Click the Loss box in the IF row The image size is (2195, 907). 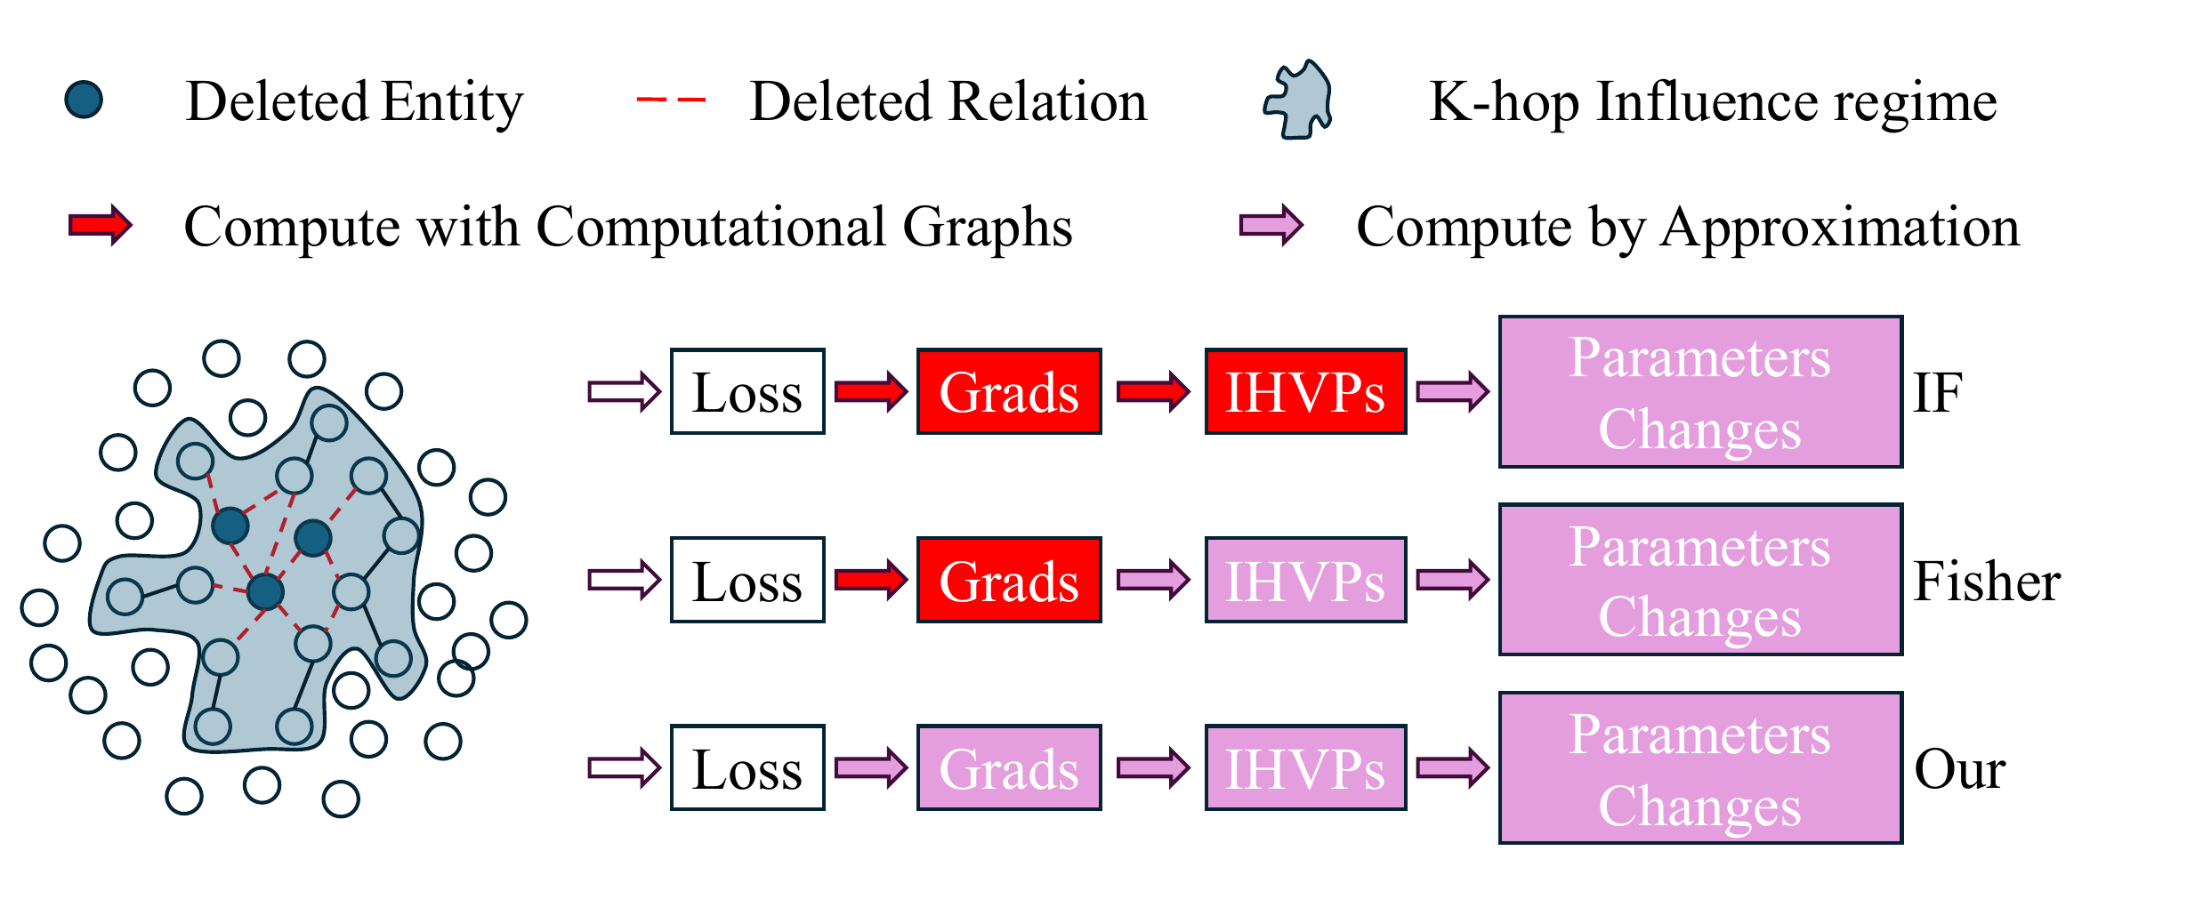(x=747, y=391)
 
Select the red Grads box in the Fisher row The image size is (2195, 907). (x=1009, y=580)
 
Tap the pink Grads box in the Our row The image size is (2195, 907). (x=1009, y=767)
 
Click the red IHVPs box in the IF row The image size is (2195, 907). (x=1305, y=391)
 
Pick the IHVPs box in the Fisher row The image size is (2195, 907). (x=1305, y=580)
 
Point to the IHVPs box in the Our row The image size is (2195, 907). (x=1305, y=767)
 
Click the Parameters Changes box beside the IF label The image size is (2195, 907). (x=1700, y=391)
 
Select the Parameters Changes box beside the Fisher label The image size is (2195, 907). (x=1700, y=580)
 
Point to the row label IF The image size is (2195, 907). (x=1937, y=392)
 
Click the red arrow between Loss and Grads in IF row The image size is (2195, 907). (x=871, y=391)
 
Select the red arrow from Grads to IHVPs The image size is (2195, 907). (x=1153, y=391)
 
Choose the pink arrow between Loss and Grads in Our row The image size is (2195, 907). (x=871, y=767)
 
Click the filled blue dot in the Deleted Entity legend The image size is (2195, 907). (x=85, y=100)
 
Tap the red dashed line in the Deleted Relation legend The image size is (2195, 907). (x=671, y=100)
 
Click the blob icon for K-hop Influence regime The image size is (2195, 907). (x=1299, y=100)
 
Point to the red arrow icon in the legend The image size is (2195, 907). (x=101, y=225)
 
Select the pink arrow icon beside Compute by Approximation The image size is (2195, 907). (x=1271, y=225)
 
